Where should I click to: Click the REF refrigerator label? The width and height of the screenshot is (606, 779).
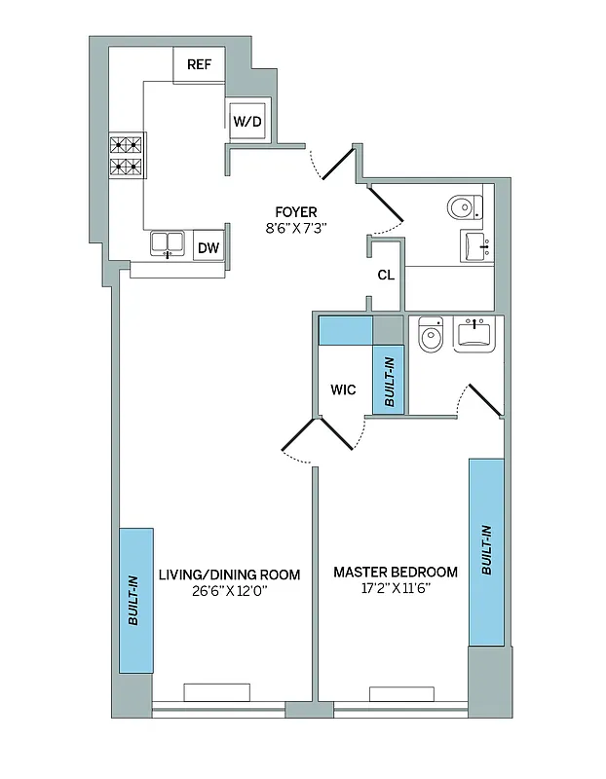click(200, 66)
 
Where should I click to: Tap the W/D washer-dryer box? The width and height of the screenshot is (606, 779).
click(246, 122)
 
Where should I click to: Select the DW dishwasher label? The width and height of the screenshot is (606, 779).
click(208, 247)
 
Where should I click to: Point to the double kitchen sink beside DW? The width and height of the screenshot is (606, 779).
click(169, 243)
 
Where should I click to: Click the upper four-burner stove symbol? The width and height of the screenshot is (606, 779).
click(127, 145)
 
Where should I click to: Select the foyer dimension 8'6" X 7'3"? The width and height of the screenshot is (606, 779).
click(295, 229)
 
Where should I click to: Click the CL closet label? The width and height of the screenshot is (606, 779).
click(386, 275)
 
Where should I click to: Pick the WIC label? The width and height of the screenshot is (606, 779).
click(343, 389)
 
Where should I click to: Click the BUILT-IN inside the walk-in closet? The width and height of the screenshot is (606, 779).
click(389, 381)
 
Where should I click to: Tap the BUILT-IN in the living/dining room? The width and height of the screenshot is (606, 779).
click(135, 600)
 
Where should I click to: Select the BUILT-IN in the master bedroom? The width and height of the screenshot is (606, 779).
click(486, 552)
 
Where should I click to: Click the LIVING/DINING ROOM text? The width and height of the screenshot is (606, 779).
click(229, 574)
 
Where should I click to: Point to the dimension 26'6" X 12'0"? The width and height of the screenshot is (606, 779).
click(229, 590)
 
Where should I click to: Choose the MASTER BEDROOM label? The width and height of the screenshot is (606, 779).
click(395, 572)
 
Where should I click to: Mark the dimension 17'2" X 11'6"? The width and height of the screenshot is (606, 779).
click(395, 589)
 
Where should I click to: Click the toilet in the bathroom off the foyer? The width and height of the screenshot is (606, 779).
click(464, 206)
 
